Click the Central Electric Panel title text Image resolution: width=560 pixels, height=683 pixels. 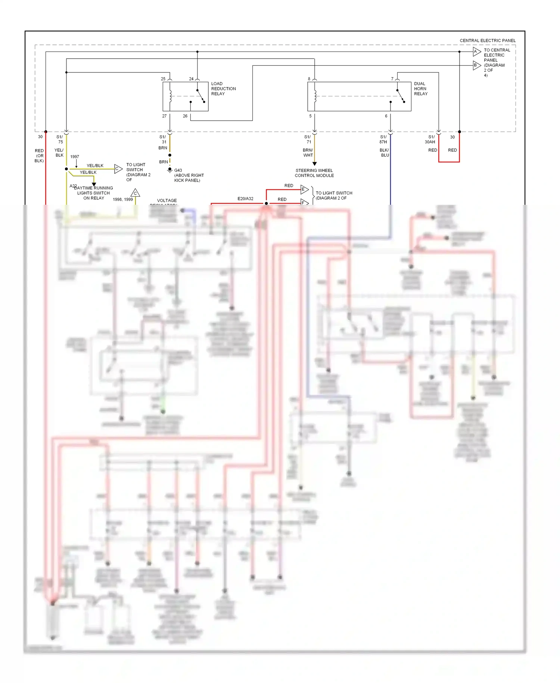click(x=487, y=40)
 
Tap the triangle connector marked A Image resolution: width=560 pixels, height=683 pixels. click(x=476, y=52)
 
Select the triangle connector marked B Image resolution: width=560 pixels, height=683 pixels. click(x=476, y=65)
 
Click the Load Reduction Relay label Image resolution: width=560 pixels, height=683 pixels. click(x=223, y=89)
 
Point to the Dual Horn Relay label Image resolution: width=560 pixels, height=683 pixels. click(x=420, y=89)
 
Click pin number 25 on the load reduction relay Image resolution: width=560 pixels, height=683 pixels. click(x=163, y=79)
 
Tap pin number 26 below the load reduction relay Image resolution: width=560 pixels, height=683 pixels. click(x=185, y=116)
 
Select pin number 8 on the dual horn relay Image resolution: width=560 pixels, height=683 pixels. click(x=309, y=79)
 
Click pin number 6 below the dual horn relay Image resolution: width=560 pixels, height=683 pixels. click(x=386, y=116)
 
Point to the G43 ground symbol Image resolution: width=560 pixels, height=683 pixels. click(x=170, y=170)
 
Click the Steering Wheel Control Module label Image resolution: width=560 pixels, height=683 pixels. click(x=314, y=173)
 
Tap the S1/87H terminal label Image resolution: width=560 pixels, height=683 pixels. click(x=383, y=139)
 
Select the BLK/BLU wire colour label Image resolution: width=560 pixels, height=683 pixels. click(x=384, y=152)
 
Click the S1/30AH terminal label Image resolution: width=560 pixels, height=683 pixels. click(x=430, y=139)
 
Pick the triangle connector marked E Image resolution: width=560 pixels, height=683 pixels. click(x=304, y=189)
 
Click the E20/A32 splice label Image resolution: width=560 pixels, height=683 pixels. click(x=245, y=199)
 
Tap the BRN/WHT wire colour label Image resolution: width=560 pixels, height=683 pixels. click(x=308, y=152)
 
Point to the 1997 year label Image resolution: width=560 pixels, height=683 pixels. click(x=75, y=157)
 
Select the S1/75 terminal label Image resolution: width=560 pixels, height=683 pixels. click(x=60, y=139)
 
